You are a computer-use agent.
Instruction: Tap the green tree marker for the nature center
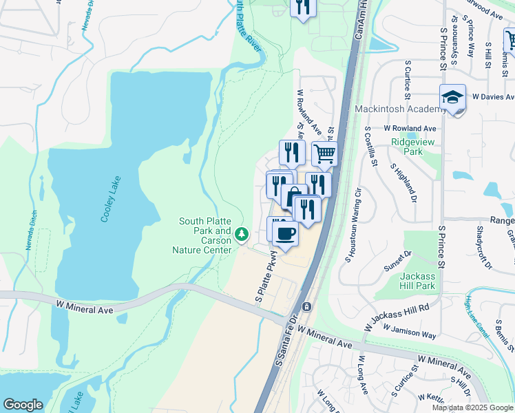241,235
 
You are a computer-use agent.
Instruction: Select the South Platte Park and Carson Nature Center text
205,236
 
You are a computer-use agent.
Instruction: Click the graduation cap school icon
453,98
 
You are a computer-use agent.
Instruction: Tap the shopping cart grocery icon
324,154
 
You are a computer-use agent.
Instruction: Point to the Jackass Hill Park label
418,280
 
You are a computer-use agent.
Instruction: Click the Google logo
23,405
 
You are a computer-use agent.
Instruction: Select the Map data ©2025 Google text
472,407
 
